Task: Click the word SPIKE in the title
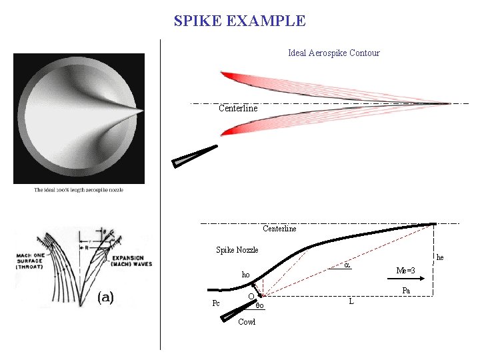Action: [198, 21]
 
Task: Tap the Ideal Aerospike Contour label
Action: [333, 53]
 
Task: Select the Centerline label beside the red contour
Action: [238, 108]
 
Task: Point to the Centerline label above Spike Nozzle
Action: [279, 229]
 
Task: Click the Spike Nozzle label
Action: [237, 250]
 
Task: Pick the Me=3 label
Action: [405, 270]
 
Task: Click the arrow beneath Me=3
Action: [409, 281]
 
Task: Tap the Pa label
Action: [406, 291]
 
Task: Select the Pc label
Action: [216, 303]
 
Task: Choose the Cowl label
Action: [247, 322]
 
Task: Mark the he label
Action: [439, 257]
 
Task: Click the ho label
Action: [246, 275]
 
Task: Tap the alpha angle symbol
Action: [347, 265]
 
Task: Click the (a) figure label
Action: [105, 297]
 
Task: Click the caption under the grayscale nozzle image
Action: [79, 190]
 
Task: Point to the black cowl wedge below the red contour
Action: [196, 155]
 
